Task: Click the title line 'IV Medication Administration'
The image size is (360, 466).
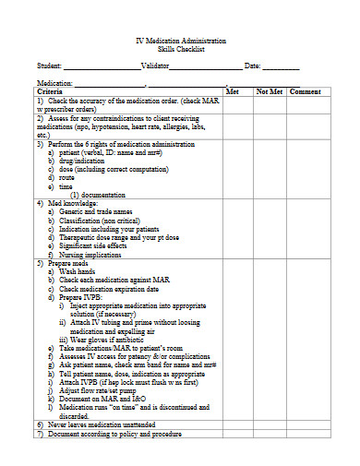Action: tap(180, 42)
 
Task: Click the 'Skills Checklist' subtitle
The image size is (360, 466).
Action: tap(180, 52)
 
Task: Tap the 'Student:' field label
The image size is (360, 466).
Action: tap(49, 66)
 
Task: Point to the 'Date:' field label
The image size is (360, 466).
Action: tap(252, 66)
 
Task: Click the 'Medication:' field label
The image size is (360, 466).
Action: tap(54, 83)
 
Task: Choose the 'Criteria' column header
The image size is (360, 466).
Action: tap(50, 92)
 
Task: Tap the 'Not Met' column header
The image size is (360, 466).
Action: tap(269, 92)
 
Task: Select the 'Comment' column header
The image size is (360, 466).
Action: tap(305, 92)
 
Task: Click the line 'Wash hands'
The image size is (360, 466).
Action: tap(78, 273)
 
